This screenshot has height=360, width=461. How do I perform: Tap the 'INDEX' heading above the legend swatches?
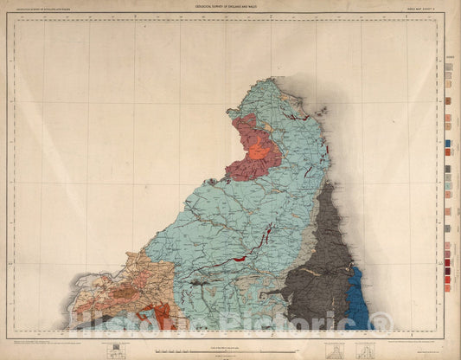450,57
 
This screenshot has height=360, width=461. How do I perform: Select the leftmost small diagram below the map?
112,350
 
